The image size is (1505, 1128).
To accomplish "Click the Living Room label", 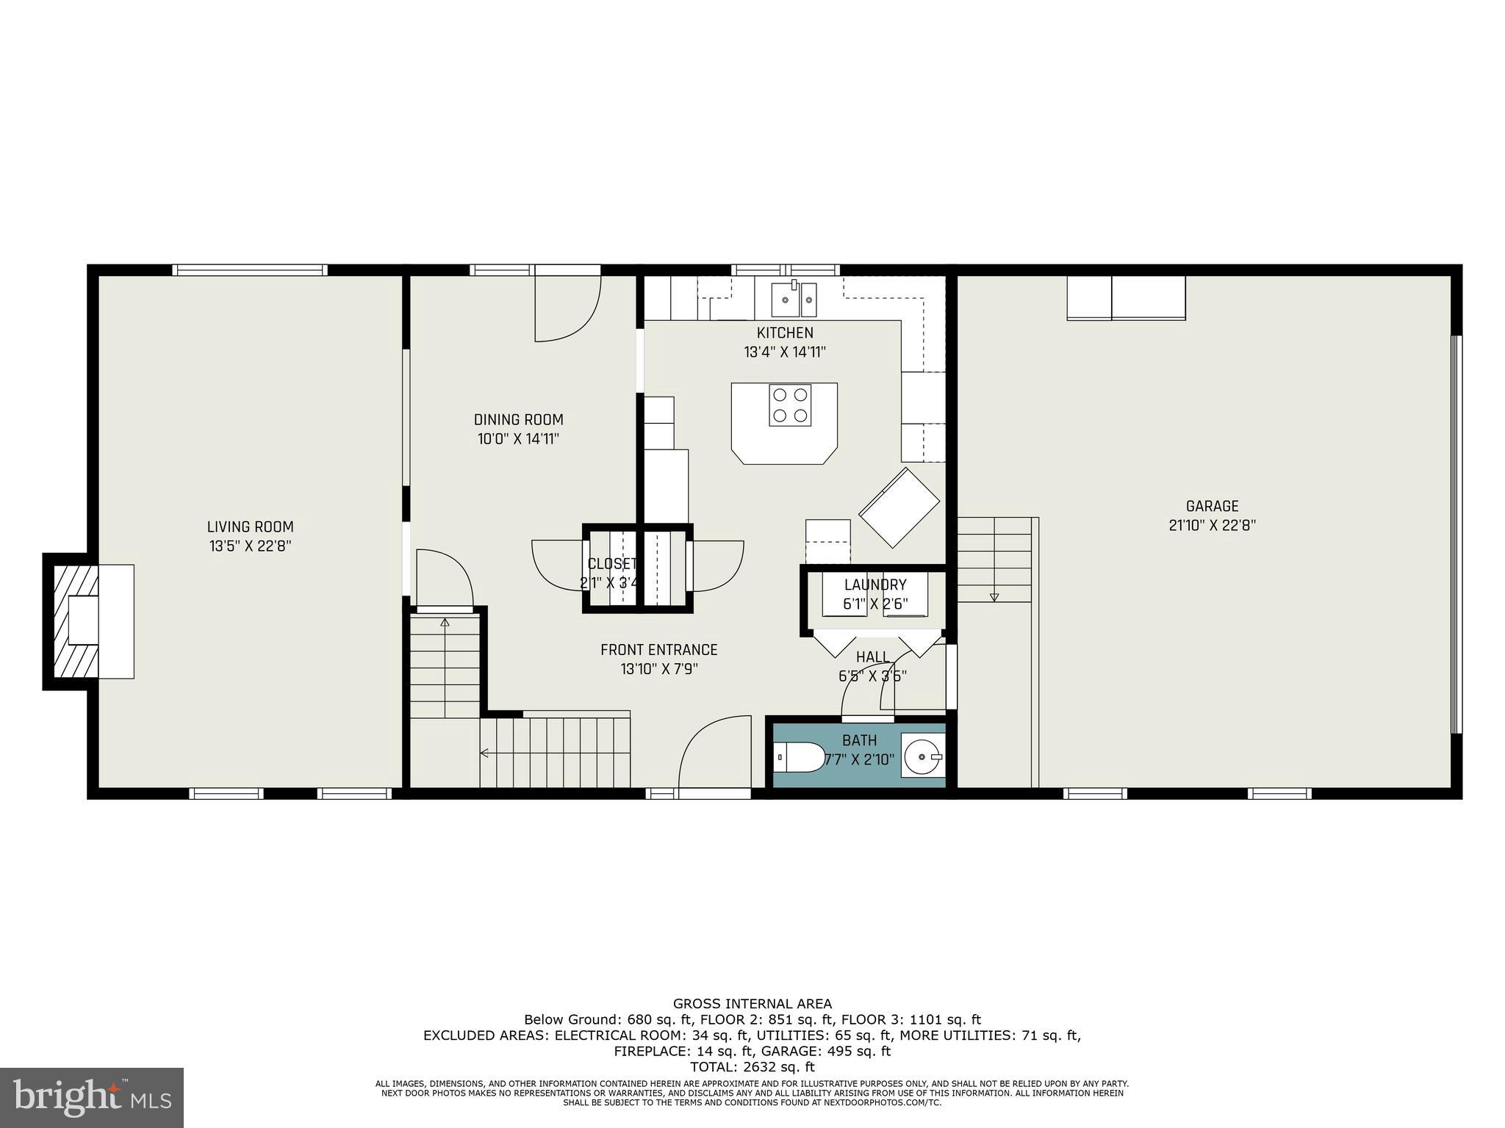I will pos(250,527).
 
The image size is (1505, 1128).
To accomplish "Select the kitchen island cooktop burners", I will pos(790,405).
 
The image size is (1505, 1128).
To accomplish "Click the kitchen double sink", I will pos(794,300).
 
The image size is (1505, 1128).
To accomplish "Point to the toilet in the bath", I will pos(800,757).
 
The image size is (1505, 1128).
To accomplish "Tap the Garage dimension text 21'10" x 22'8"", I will pos(1212,526).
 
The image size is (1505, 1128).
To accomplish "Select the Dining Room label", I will pos(518,420).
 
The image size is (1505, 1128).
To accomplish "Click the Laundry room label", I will pos(874,585).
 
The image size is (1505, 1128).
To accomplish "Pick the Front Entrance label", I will pos(658,650).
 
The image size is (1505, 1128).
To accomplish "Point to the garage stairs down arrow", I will pos(994,596).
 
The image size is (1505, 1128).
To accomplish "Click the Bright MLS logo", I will pos(92,1097).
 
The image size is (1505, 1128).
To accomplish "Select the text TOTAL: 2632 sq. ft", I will pos(752,1067).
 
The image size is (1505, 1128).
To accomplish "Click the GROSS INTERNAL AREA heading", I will pos(752,1004).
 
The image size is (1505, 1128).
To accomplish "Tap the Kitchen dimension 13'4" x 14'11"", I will pos(785,352).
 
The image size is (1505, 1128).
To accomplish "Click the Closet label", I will pos(611,564).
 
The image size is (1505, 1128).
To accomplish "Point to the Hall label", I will pos(872,657).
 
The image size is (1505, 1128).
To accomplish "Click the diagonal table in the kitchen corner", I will pos(899,507).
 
